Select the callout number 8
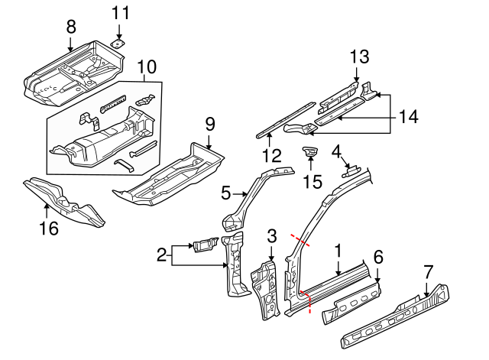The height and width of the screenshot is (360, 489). pyautogui.click(x=71, y=26)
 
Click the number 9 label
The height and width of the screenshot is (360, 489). pyautogui.click(x=210, y=123)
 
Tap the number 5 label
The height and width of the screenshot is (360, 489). pyautogui.click(x=226, y=194)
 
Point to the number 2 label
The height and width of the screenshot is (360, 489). pyautogui.click(x=161, y=255)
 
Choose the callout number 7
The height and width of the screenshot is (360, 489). pyautogui.click(x=428, y=271)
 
